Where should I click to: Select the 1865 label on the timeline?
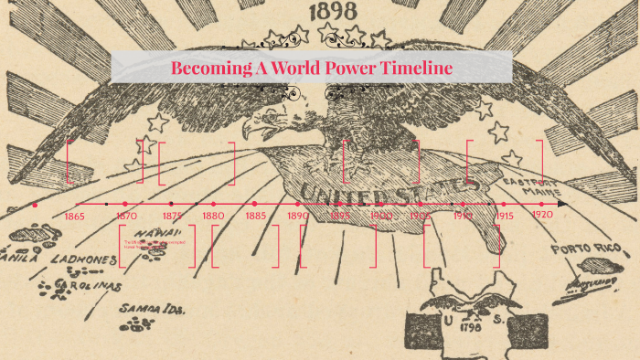76,217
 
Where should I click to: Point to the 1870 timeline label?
127,217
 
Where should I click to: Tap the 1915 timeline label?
504,216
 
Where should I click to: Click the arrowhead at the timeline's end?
562,204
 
